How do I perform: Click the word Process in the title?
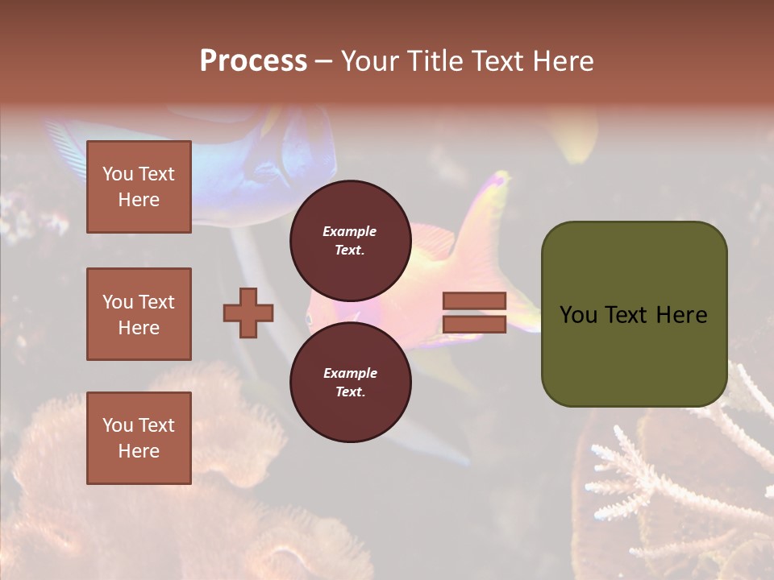pyautogui.click(x=253, y=61)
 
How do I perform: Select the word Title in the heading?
pyautogui.click(x=435, y=61)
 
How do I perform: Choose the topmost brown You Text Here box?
pyautogui.click(x=139, y=187)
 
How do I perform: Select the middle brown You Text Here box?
pyautogui.click(x=139, y=314)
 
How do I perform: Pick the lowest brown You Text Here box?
pyautogui.click(x=139, y=437)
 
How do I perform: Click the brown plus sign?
pyautogui.click(x=248, y=313)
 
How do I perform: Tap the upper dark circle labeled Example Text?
pyautogui.click(x=350, y=240)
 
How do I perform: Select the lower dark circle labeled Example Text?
pyautogui.click(x=350, y=382)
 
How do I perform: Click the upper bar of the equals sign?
pyautogui.click(x=474, y=300)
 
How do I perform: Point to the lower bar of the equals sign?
pyautogui.click(x=474, y=325)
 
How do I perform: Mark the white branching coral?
pyautogui.click(x=637, y=475)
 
